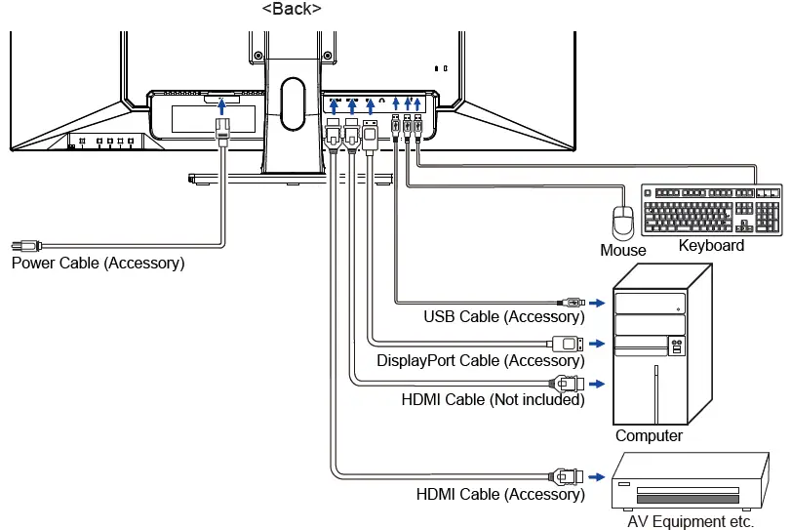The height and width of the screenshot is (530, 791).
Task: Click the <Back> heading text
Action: [292, 9]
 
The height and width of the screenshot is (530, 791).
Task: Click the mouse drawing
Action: [623, 223]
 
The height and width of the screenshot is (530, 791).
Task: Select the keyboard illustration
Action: [711, 210]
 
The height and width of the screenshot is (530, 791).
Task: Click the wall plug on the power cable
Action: [26, 246]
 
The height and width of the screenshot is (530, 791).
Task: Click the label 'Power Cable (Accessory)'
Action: [98, 263]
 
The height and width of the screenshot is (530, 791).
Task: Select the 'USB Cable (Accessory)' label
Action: [504, 316]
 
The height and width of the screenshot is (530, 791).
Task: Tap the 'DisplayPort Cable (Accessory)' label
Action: [481, 360]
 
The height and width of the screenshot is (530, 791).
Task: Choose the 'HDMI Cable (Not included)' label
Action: [493, 399]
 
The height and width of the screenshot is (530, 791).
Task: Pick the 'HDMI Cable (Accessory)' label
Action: [500, 494]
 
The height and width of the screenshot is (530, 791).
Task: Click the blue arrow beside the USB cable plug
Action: [597, 303]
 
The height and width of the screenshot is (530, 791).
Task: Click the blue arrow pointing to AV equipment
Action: [597, 476]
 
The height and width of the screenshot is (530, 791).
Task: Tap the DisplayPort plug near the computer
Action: [566, 344]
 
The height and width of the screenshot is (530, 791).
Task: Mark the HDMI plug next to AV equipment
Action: [566, 476]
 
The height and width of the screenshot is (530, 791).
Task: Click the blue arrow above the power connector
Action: [221, 106]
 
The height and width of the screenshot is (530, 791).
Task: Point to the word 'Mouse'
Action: [623, 250]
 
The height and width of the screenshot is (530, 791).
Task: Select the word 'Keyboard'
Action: [711, 245]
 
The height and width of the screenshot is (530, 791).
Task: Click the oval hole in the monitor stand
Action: [293, 103]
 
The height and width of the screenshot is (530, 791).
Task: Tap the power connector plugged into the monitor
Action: [222, 131]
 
